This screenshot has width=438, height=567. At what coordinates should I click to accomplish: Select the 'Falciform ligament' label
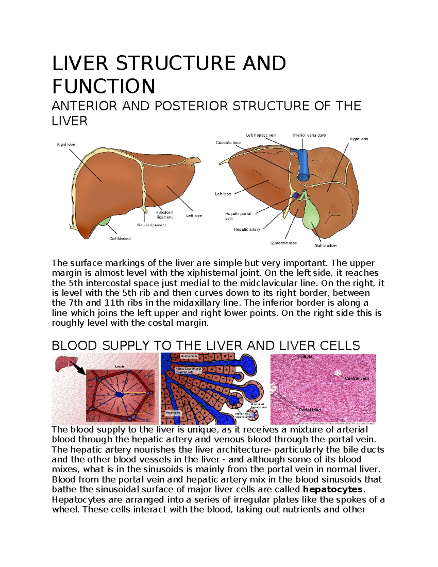pos(165,215)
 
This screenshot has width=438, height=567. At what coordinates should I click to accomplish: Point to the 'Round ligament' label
pos(151,225)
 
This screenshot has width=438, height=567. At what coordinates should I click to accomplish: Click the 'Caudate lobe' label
pos(228,143)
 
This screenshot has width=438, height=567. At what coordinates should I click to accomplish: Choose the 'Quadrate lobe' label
pos(283,243)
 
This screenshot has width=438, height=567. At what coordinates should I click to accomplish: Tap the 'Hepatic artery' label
pos(247,230)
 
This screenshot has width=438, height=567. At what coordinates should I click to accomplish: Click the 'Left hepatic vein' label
pos(261,135)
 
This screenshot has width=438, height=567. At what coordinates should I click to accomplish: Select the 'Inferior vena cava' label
pos(309,135)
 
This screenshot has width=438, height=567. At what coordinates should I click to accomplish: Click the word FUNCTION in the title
pos(104,87)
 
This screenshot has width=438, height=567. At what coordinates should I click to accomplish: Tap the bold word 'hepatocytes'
pos(333,490)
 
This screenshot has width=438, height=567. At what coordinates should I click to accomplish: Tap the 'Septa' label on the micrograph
pos(307,356)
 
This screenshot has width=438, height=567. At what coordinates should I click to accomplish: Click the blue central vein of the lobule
pos(119,395)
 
